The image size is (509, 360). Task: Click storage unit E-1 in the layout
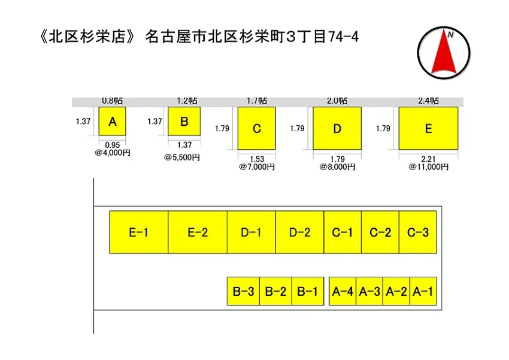pyautogui.click(x=139, y=232)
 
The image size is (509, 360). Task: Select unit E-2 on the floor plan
pyautogui.click(x=198, y=232)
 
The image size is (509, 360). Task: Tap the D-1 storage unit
pyautogui.click(x=252, y=232)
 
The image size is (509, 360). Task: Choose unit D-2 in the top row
pyautogui.click(x=299, y=232)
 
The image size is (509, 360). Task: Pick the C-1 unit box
pyautogui.click(x=343, y=232)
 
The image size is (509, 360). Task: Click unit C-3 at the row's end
pyautogui.click(x=418, y=232)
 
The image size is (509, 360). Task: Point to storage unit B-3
pyautogui.click(x=243, y=291)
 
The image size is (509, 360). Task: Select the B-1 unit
pyautogui.click(x=308, y=291)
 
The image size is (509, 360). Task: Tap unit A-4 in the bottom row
pyautogui.click(x=343, y=291)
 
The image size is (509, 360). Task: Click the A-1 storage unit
pyautogui.click(x=423, y=291)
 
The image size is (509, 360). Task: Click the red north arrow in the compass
pyautogui.click(x=444, y=52)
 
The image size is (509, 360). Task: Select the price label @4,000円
pyautogui.click(x=113, y=153)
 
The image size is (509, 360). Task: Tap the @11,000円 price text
pyautogui.click(x=429, y=167)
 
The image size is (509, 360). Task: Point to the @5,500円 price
pyautogui.click(x=182, y=158)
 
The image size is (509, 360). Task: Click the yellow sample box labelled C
pyautogui.click(x=256, y=128)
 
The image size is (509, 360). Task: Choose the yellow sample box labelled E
pyautogui.click(x=429, y=128)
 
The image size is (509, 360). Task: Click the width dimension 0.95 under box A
pyautogui.click(x=113, y=145)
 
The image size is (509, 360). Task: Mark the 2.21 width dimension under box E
pyautogui.click(x=428, y=159)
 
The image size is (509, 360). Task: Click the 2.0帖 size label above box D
pyautogui.click(x=337, y=101)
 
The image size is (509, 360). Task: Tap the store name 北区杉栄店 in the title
pyautogui.click(x=87, y=37)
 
